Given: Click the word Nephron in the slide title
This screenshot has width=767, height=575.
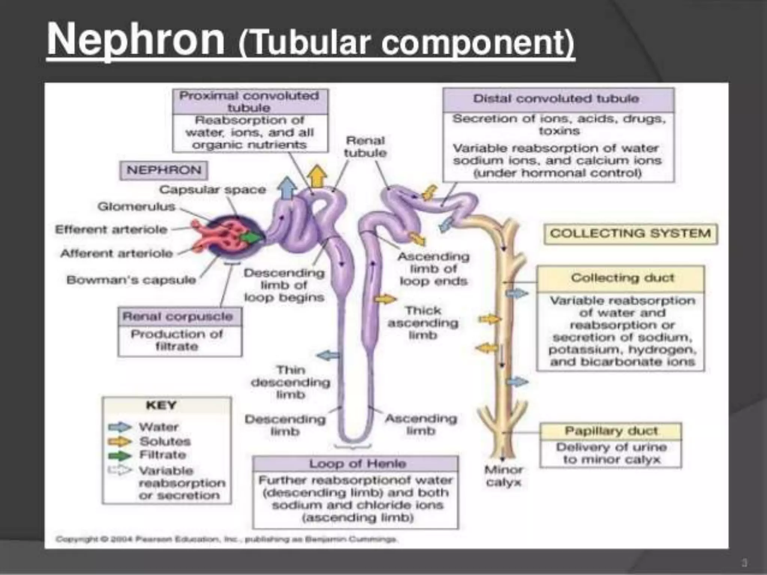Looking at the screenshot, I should point(136,40).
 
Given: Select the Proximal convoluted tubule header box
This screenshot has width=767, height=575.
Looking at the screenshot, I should point(249,101).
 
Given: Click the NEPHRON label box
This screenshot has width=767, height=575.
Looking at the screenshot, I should point(164,170).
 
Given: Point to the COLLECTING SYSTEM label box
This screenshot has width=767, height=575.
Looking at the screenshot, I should point(630,234).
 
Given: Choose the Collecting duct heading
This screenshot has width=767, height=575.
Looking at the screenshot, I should point(622,278).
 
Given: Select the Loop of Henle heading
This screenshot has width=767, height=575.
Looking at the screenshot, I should point(357,464).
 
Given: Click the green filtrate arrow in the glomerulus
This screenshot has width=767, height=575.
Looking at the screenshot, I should point(250,237).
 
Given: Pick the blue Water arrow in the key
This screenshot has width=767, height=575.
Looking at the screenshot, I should point(119,427).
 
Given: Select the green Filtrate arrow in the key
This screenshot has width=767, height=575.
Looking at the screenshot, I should point(119,456).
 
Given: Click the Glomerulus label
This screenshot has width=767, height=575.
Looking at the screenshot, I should point(136,207).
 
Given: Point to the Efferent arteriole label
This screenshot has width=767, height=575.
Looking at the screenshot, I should point(111,229).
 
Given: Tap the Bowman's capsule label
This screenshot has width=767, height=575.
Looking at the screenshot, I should point(131,280).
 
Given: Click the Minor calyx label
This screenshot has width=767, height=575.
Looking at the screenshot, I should point(504,476).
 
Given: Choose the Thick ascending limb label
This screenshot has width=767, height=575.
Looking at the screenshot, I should point(423,323).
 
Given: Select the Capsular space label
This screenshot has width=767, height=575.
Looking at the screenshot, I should point(213,190).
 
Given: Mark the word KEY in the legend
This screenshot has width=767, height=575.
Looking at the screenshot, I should point(161,405).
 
